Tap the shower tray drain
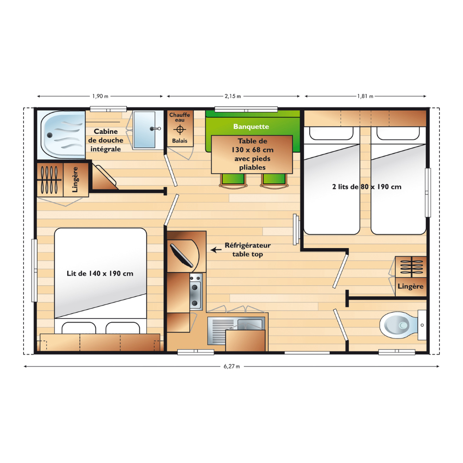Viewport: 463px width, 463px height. (x=50, y=135)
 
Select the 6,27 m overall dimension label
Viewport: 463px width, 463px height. (x=232, y=366)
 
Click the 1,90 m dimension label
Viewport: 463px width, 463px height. (x=100, y=96)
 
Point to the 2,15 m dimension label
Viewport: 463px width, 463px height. (x=233, y=96)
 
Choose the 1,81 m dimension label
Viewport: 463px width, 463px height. (x=365, y=96)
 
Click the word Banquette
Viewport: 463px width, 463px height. (x=251, y=127)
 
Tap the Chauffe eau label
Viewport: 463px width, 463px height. (x=180, y=117)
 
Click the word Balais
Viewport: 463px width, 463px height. (x=180, y=141)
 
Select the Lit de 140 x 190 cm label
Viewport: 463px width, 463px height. (x=100, y=274)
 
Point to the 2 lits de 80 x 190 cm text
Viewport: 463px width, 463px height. (x=367, y=187)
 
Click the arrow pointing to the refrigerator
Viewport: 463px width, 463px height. (x=216, y=250)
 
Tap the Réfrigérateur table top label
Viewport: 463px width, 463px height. (x=247, y=250)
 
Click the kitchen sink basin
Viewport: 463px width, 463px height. (x=250, y=325)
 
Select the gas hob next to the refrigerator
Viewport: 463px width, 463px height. (x=196, y=292)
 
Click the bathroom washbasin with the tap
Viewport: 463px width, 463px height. (x=144, y=129)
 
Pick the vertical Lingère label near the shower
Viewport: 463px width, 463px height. (x=75, y=180)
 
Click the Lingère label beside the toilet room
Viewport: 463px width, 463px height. (x=410, y=287)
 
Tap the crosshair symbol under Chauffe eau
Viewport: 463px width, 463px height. (x=180, y=129)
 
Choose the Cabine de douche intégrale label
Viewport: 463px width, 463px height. (x=106, y=140)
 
